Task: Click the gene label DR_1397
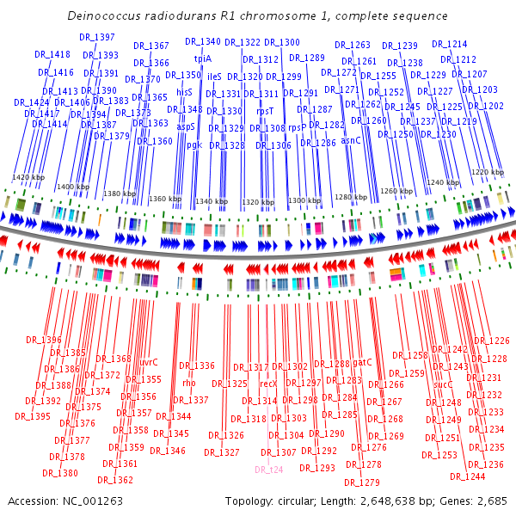(96, 37)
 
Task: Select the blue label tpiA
(203, 58)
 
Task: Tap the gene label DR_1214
(449, 44)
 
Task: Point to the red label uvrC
(149, 362)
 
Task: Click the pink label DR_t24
(268, 470)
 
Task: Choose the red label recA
(267, 384)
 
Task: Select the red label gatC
(362, 362)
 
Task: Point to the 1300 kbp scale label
(303, 200)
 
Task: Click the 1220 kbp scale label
(487, 172)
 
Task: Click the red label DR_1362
(116, 480)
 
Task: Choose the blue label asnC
(351, 139)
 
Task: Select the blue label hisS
(184, 91)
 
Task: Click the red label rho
(189, 383)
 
